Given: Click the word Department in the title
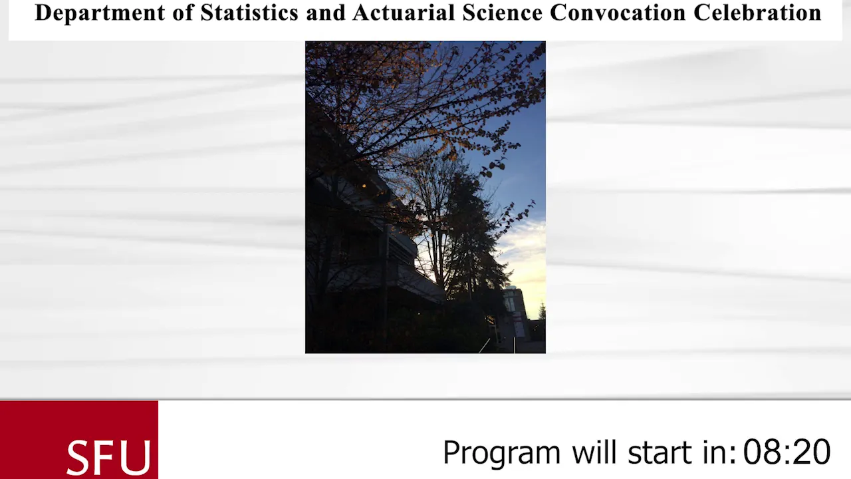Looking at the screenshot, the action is click(100, 13).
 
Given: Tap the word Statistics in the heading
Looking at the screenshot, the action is click(249, 13).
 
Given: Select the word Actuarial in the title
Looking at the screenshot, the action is click(404, 13).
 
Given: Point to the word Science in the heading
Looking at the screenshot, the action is click(502, 13).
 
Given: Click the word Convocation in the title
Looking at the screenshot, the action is click(618, 13).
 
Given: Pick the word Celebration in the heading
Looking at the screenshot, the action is click(757, 13).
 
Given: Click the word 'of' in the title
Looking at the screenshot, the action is click(183, 13).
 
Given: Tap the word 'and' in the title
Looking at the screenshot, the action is click(326, 13).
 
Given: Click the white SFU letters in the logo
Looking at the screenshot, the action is click(108, 457).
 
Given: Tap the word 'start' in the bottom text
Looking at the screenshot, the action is click(660, 452).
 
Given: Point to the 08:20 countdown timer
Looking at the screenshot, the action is click(787, 452).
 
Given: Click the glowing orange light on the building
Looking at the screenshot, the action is click(364, 186).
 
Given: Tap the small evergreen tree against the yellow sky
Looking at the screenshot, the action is click(542, 311).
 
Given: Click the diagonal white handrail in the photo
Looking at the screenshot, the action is click(485, 345).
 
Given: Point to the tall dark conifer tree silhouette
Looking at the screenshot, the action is click(473, 236).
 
